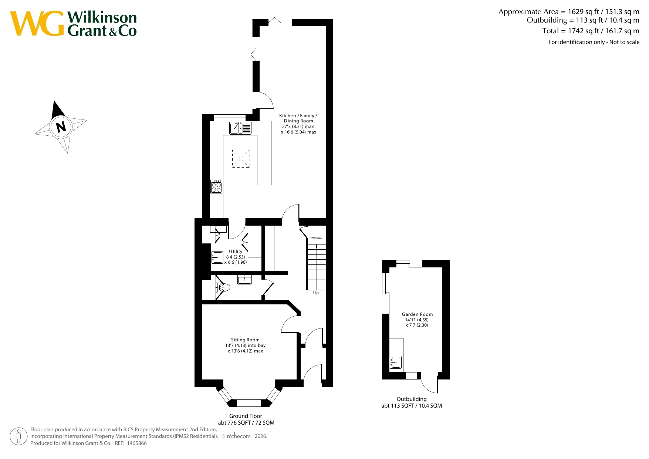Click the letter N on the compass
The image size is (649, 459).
[x=61, y=127]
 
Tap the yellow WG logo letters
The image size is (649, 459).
[x=37, y=24]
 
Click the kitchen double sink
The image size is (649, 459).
[x=240, y=128]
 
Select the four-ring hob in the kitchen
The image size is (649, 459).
[x=216, y=186]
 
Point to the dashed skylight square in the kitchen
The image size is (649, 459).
[x=241, y=158]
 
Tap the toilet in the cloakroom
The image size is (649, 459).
[x=223, y=287]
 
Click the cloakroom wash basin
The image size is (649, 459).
[x=244, y=280]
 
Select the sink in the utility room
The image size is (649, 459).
[x=217, y=257]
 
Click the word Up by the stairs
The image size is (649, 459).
[x=316, y=293]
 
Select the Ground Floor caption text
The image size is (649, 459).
[x=246, y=419]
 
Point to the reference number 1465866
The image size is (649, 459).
[x=137, y=443]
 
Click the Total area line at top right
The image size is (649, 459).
[x=591, y=31]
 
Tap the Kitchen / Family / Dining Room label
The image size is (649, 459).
[x=298, y=124]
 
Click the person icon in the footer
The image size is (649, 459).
[x=18, y=436]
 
